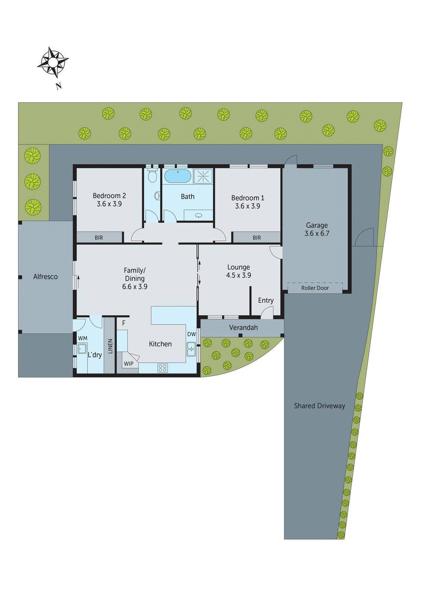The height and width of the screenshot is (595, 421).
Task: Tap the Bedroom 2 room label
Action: click(x=109, y=196)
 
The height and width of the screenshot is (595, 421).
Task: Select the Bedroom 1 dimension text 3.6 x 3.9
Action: click(x=248, y=206)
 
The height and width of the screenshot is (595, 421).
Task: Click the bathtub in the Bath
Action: click(x=178, y=176)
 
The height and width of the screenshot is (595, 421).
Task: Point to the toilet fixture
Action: click(x=152, y=176)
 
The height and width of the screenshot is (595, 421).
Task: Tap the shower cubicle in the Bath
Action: click(x=203, y=176)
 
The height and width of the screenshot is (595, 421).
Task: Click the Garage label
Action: click(x=317, y=225)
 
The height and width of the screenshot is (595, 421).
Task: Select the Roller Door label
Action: click(x=315, y=288)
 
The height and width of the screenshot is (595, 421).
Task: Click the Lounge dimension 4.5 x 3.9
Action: click(x=239, y=276)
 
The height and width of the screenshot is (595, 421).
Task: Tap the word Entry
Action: click(x=266, y=300)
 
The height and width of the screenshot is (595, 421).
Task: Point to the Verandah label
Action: click(x=243, y=328)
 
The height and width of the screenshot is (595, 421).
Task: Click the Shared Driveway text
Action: click(x=319, y=406)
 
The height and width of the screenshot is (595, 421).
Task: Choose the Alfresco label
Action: click(x=45, y=277)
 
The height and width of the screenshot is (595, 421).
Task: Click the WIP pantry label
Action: click(x=128, y=364)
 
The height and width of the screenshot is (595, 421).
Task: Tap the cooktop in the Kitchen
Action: click(x=163, y=368)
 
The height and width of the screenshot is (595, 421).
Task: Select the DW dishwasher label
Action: click(x=191, y=334)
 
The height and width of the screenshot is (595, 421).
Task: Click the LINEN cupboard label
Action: click(x=110, y=346)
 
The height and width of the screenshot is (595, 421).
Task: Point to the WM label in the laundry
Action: click(x=83, y=338)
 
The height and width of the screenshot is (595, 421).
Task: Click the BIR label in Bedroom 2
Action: click(x=99, y=238)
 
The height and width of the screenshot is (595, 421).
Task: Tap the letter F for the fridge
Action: click(x=124, y=324)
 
